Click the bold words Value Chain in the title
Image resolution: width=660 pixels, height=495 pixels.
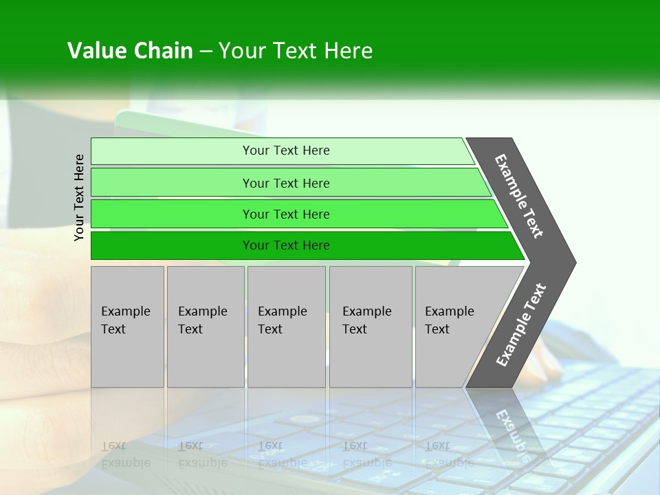pyautogui.click(x=130, y=51)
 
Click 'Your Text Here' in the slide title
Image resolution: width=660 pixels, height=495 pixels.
pyautogui.click(x=296, y=51)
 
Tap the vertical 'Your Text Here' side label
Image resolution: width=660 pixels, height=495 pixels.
pyautogui.click(x=79, y=197)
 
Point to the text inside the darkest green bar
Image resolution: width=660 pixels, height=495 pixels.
pyautogui.click(x=286, y=245)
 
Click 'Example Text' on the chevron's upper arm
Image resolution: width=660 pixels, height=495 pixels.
pyautogui.click(x=519, y=196)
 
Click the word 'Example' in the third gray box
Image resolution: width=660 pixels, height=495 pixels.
pyautogui.click(x=282, y=311)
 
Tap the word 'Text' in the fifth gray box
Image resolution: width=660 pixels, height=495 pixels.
pyautogui.click(x=437, y=329)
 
